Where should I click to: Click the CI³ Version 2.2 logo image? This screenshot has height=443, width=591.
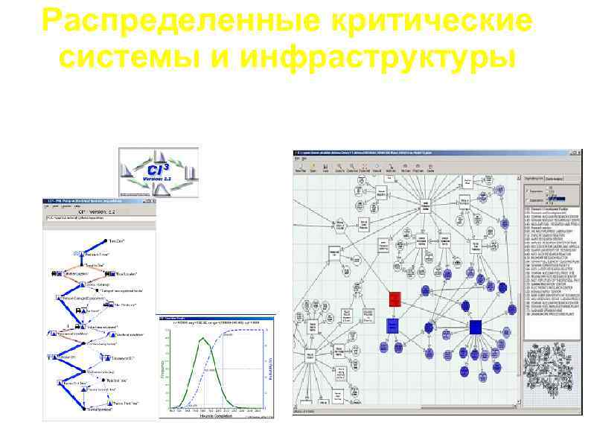coord(159,171)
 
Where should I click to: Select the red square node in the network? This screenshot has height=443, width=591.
coord(394,299)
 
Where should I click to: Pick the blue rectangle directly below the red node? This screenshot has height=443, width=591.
coord(393,325)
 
